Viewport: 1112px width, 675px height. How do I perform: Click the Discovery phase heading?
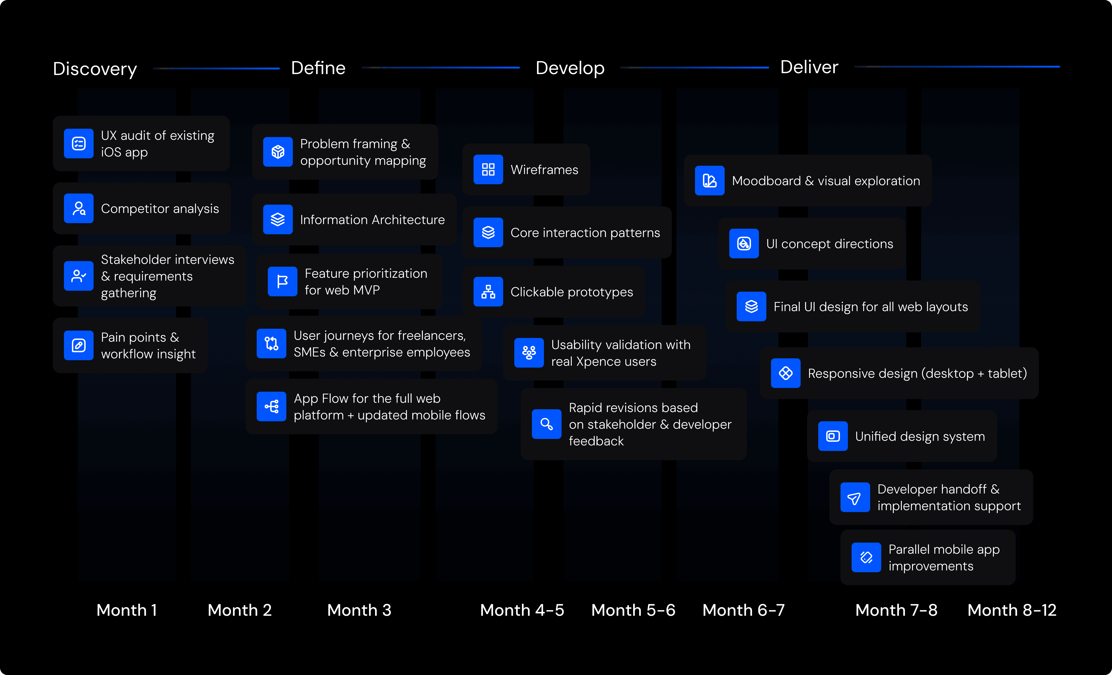pyautogui.click(x=95, y=69)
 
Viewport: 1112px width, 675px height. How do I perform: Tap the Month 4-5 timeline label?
pyautogui.click(x=522, y=610)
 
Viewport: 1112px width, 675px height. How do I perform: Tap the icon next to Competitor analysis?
pyautogui.click(x=79, y=208)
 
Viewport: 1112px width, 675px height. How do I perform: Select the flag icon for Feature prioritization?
pyautogui.click(x=282, y=281)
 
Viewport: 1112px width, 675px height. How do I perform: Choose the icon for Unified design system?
pyautogui.click(x=833, y=436)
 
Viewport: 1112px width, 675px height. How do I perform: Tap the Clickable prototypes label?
pyautogui.click(x=571, y=292)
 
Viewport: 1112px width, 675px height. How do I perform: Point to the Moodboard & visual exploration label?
pyautogui.click(x=825, y=181)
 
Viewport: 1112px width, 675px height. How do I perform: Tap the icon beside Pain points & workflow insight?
pyautogui.click(x=79, y=345)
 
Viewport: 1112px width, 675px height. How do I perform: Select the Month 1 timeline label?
pyautogui.click(x=126, y=610)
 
